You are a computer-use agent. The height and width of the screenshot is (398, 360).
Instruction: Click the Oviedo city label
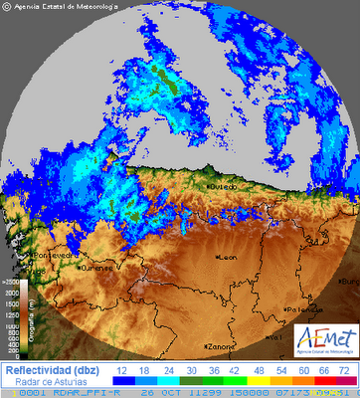224,185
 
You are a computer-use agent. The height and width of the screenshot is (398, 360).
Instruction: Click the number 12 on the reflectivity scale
122,369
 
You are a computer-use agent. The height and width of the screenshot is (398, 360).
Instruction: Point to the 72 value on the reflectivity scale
344,369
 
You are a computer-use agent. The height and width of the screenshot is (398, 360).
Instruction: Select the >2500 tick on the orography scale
12,283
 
